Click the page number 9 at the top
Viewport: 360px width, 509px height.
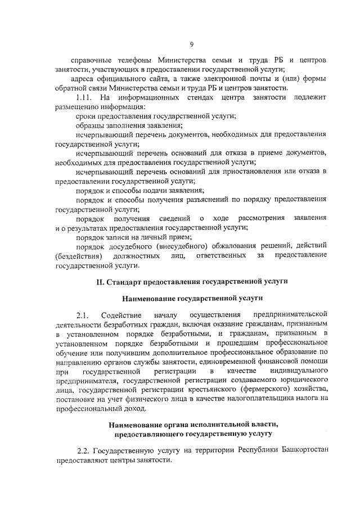pyautogui.click(x=191, y=44)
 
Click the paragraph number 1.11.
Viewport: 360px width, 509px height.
pyautogui.click(x=85, y=98)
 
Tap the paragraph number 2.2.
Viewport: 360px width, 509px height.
pyautogui.click(x=83, y=451)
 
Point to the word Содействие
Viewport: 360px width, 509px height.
pyautogui.click(x=120, y=314)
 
